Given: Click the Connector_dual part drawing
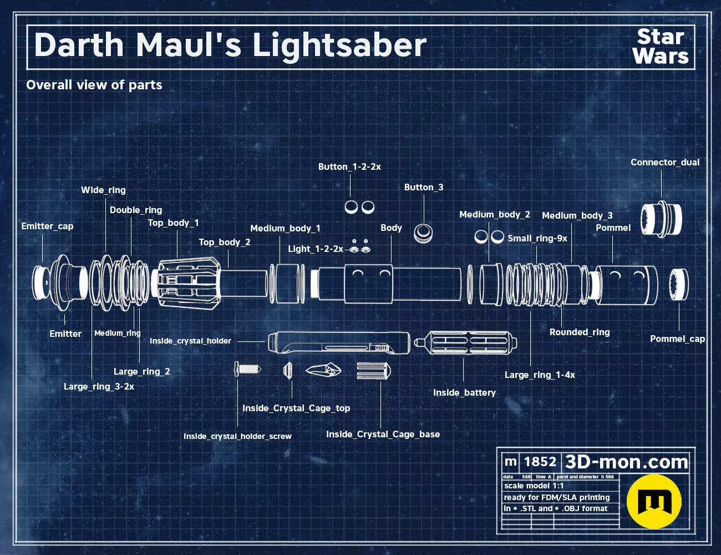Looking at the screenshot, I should pyautogui.click(x=661, y=219).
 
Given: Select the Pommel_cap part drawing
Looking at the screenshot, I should pyautogui.click(x=678, y=284).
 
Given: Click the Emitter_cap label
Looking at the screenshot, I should pyautogui.click(x=47, y=226).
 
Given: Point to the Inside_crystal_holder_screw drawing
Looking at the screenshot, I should pyautogui.click(x=247, y=369).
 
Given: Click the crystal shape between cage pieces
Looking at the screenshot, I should pyautogui.click(x=323, y=370).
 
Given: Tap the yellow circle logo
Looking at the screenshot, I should pyautogui.click(x=654, y=501).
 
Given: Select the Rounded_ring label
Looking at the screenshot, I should pyautogui.click(x=580, y=332).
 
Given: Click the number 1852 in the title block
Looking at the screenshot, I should pyautogui.click(x=540, y=462).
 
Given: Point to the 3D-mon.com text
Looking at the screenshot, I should pyautogui.click(x=626, y=462).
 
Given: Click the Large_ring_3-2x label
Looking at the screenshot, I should pyautogui.click(x=99, y=387).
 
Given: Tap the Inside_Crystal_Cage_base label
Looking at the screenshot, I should pyautogui.click(x=383, y=435).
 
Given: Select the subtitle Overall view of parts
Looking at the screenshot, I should pyautogui.click(x=94, y=85).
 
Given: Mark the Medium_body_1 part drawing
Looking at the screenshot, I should pyautogui.click(x=287, y=284).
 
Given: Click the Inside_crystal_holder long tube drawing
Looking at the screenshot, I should pyautogui.click(x=338, y=342).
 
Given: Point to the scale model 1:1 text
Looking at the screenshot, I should pyautogui.click(x=534, y=486).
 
